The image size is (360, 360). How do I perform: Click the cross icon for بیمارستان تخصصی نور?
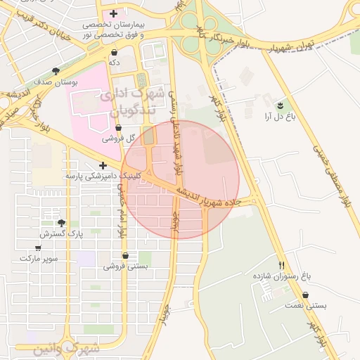tap(113, 13)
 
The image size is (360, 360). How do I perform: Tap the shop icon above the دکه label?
tap(114, 52)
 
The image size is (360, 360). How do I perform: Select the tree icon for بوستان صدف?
tap(56, 71)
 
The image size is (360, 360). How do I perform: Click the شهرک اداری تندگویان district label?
tap(131, 100)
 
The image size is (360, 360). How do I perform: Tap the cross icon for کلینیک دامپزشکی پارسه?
tap(103, 165)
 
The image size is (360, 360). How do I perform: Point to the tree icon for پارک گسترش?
tap(62, 223)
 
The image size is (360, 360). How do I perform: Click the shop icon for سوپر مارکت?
tap(38, 247)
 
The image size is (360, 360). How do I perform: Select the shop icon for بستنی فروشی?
tap(125, 256)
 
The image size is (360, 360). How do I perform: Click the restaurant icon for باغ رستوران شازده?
tap(282, 265)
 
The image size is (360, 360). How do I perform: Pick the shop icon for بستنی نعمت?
tap(306, 295)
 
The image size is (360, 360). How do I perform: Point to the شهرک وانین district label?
tap(65, 348)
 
